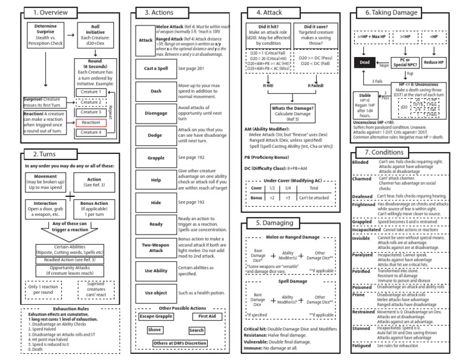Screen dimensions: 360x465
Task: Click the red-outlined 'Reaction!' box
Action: (91, 122)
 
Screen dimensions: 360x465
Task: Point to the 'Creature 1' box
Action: (91, 92)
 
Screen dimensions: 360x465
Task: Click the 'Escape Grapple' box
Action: (157, 316)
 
